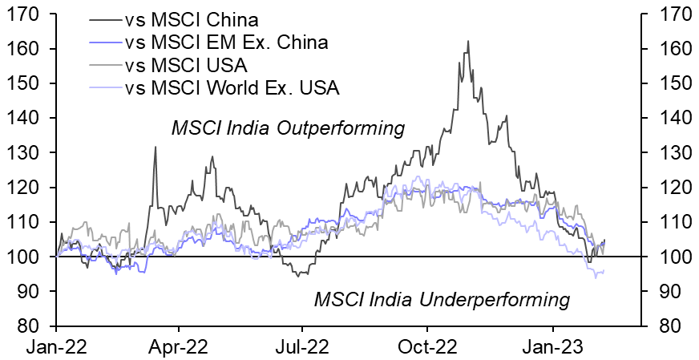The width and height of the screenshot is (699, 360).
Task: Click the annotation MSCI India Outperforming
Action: tap(288, 128)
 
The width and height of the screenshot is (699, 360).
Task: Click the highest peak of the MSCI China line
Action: tap(467, 41)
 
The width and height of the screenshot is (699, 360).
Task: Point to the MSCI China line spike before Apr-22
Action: tap(155, 147)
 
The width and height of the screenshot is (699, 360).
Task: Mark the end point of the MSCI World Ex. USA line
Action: tap(604, 272)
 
